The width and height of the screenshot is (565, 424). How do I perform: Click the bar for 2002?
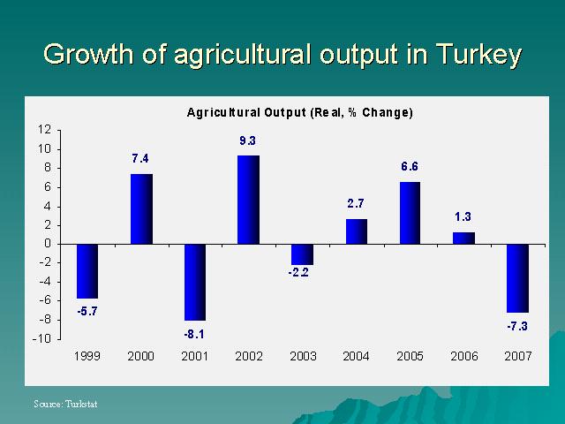[248, 200]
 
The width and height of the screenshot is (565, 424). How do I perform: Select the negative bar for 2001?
[195, 283]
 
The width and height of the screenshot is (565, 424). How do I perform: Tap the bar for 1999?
[87, 271]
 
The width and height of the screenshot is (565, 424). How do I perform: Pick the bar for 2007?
[517, 278]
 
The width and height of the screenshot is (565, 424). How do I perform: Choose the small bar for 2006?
[463, 238]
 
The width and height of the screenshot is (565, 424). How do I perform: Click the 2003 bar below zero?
[302, 254]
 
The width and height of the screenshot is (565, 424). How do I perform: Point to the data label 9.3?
[247, 140]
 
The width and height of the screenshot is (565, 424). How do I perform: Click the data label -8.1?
[194, 335]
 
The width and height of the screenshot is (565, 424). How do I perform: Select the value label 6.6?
[410, 167]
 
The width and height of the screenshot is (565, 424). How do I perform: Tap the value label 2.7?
[356, 204]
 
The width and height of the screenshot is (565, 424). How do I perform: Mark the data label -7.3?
[517, 327]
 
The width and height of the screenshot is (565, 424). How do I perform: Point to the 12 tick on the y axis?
[44, 129]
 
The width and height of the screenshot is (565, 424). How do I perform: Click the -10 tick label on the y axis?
[41, 339]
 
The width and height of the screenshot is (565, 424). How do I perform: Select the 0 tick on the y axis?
[48, 244]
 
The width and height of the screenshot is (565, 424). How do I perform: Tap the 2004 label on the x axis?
[356, 356]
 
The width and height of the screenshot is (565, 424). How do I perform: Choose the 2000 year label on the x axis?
[140, 356]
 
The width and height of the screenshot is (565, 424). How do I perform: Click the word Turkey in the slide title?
[478, 55]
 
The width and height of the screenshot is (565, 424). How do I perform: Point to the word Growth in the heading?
[88, 54]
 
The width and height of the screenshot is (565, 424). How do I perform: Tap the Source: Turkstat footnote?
[65, 404]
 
